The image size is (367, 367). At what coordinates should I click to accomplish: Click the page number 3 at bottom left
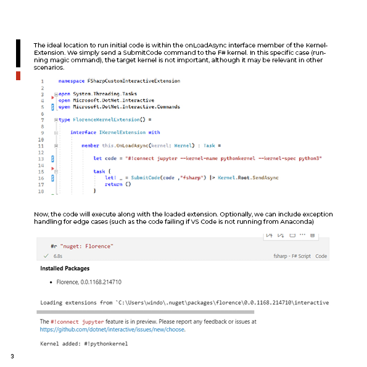click(12, 356)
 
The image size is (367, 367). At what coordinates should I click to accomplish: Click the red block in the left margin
click(18, 75)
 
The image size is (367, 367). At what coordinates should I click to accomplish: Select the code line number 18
click(41, 192)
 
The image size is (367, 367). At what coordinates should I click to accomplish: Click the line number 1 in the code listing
click(42, 81)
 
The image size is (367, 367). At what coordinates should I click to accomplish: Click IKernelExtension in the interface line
click(121, 132)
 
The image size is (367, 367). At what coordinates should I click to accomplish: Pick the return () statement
click(118, 184)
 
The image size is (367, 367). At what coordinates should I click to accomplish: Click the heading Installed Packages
click(65, 268)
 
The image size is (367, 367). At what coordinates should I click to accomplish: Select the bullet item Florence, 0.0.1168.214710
click(89, 282)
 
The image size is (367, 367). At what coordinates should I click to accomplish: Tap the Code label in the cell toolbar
click(321, 255)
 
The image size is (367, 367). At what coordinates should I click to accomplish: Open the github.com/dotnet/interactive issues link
click(113, 329)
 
